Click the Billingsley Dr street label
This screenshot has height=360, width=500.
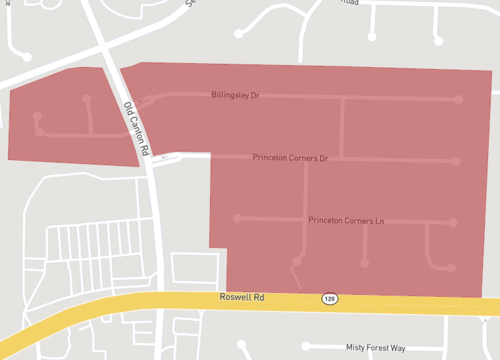point(235,96)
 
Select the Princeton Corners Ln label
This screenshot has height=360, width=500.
point(346,220)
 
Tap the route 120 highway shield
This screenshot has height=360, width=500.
point(329,299)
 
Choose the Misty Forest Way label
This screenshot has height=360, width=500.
point(375,348)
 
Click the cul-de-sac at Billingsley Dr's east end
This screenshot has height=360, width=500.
point(459,100)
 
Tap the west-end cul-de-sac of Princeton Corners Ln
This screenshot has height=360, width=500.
point(237,218)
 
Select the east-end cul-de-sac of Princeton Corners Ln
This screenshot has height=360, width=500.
point(457,223)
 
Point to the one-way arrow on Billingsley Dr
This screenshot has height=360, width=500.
point(150,99)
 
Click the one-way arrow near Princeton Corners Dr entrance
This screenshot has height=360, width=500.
point(165,158)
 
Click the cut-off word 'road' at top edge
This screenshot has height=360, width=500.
point(349,3)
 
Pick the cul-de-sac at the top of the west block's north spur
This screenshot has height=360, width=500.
point(87,99)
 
